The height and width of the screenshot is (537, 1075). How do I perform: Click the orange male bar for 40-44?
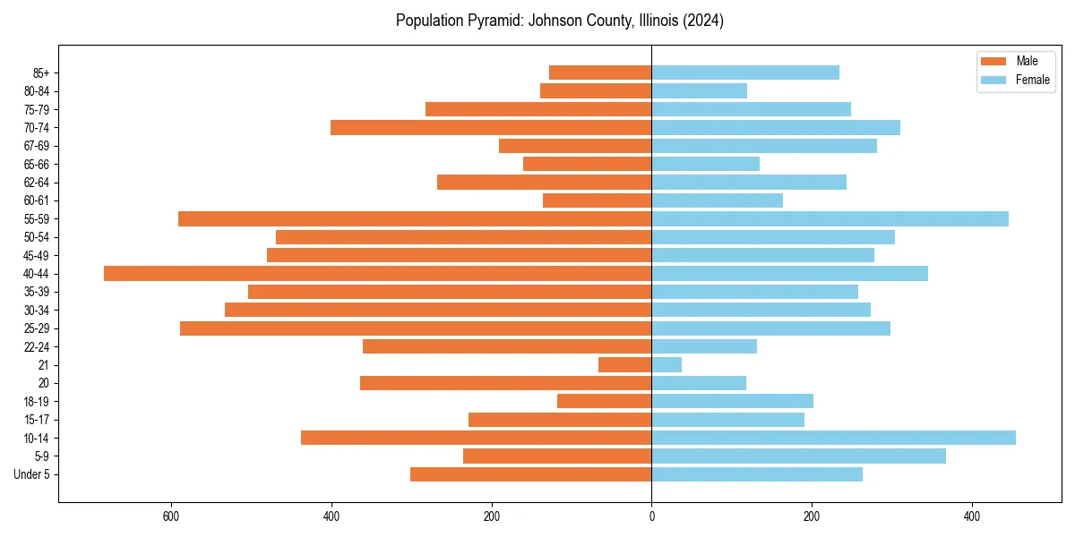377,274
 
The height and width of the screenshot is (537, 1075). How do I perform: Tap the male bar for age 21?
624,365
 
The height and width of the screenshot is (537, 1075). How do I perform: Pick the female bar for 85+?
745,72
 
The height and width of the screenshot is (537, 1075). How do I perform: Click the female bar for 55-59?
830,219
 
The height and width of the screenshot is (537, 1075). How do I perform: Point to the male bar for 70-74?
491,128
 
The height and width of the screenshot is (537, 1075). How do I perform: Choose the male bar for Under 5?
530,474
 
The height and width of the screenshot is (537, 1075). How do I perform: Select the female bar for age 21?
666,365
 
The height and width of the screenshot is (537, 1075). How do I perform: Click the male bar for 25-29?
416,328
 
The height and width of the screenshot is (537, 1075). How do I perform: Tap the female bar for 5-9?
798,456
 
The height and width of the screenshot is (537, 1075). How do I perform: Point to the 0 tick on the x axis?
651,516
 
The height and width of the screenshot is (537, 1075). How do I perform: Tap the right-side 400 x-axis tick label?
971,516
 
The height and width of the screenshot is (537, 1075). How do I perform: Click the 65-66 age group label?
37,165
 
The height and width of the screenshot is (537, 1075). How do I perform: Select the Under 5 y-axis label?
32,474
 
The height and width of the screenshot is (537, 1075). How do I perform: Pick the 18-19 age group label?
37,402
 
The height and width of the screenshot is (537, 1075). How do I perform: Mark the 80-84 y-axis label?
37,91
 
